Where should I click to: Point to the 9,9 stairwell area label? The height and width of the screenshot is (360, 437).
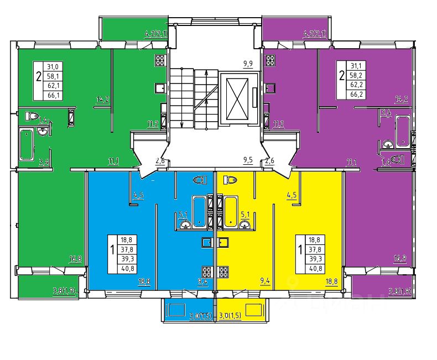click(x=248, y=64)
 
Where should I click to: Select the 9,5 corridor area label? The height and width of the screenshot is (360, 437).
click(x=248, y=161)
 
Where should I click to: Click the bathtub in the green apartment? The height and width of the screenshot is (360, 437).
click(x=27, y=144)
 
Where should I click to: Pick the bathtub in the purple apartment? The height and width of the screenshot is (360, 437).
click(x=403, y=129)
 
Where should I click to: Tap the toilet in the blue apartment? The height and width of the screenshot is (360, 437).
click(x=200, y=179)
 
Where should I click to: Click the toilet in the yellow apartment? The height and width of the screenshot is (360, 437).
click(x=231, y=179)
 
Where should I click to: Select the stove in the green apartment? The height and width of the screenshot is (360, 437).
click(x=161, y=61)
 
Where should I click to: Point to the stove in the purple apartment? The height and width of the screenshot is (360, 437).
click(x=270, y=61)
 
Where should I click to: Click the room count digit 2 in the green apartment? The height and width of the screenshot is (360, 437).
click(x=38, y=76)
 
